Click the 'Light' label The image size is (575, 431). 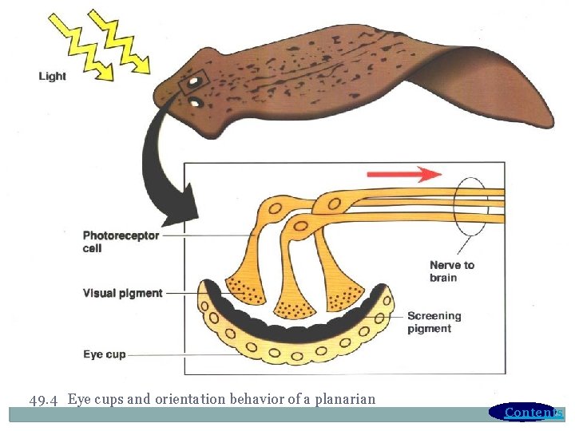point(53,77)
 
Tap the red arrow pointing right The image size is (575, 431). point(404,174)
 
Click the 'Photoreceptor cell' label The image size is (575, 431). point(121,242)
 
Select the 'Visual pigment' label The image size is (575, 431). point(122,294)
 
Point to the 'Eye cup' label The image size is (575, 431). point(105,354)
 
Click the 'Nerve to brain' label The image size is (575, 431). point(451,271)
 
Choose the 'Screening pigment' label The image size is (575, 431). point(434,322)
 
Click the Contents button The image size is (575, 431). point(527,412)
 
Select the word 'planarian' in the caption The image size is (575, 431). point(347,399)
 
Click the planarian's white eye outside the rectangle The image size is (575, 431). point(194,102)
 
